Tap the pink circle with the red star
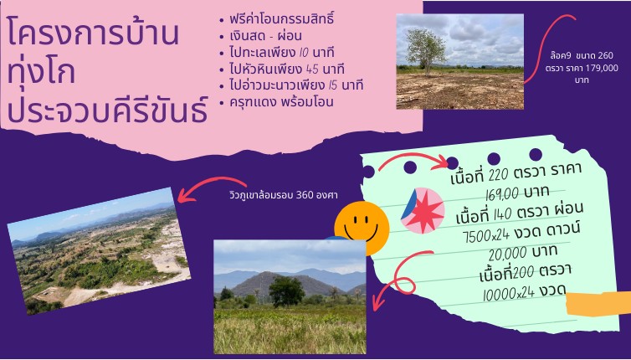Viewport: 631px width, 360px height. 423,211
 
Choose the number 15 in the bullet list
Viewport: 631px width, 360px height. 332,85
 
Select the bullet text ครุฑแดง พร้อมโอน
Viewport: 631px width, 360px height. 281,102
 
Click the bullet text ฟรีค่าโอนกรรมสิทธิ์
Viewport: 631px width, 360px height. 282,19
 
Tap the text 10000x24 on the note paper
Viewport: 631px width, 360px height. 508,294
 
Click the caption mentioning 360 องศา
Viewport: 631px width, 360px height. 284,196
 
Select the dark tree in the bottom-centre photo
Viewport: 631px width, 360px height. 286,291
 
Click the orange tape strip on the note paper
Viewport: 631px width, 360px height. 598,304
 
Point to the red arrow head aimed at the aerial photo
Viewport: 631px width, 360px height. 183,198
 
